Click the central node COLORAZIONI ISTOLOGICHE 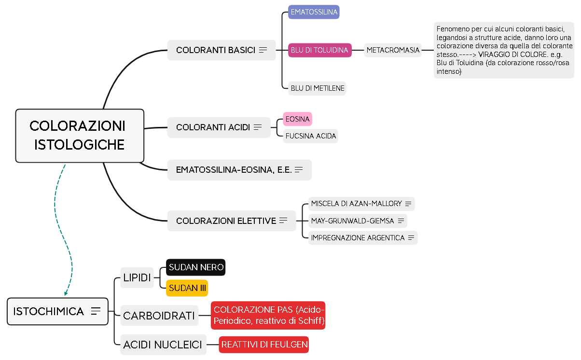click(x=80, y=136)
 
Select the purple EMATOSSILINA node click(x=314, y=12)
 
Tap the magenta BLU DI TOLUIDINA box click(x=319, y=50)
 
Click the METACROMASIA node click(x=393, y=50)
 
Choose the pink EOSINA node click(x=297, y=119)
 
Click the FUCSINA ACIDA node click(x=310, y=136)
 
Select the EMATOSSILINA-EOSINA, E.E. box click(x=239, y=170)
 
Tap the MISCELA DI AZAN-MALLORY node click(x=361, y=204)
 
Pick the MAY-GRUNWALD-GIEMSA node click(x=357, y=221)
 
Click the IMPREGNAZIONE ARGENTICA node click(x=362, y=238)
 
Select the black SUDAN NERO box click(x=196, y=267)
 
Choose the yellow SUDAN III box click(x=187, y=288)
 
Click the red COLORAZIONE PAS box click(x=268, y=316)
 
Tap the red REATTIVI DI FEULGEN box click(x=264, y=345)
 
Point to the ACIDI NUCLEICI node click(x=163, y=345)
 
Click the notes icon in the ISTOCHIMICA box click(x=96, y=311)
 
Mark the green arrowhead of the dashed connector click(x=66, y=293)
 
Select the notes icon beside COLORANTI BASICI click(x=263, y=50)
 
